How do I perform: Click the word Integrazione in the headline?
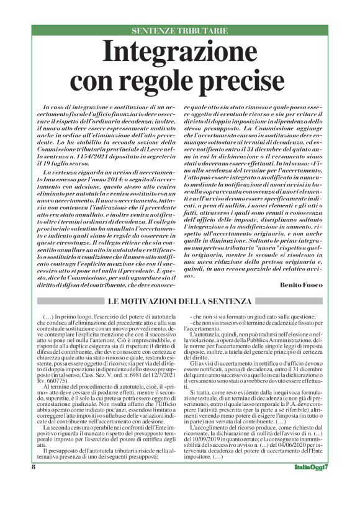(180, 52)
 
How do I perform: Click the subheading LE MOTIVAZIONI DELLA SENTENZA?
(179, 301)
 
